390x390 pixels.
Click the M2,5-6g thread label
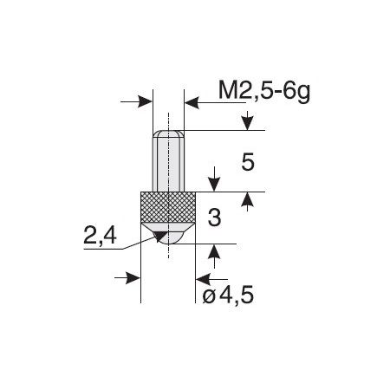[x=264, y=91]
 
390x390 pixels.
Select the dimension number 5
[x=248, y=162]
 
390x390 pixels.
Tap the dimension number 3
[x=214, y=218]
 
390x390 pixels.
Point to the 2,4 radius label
[x=100, y=236]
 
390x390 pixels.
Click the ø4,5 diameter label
[x=228, y=295]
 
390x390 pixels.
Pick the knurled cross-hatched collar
[x=168, y=207]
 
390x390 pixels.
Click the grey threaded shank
[x=168, y=163]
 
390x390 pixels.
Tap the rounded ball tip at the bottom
[x=168, y=233]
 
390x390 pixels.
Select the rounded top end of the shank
[x=168, y=133]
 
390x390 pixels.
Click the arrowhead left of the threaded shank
[x=145, y=101]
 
